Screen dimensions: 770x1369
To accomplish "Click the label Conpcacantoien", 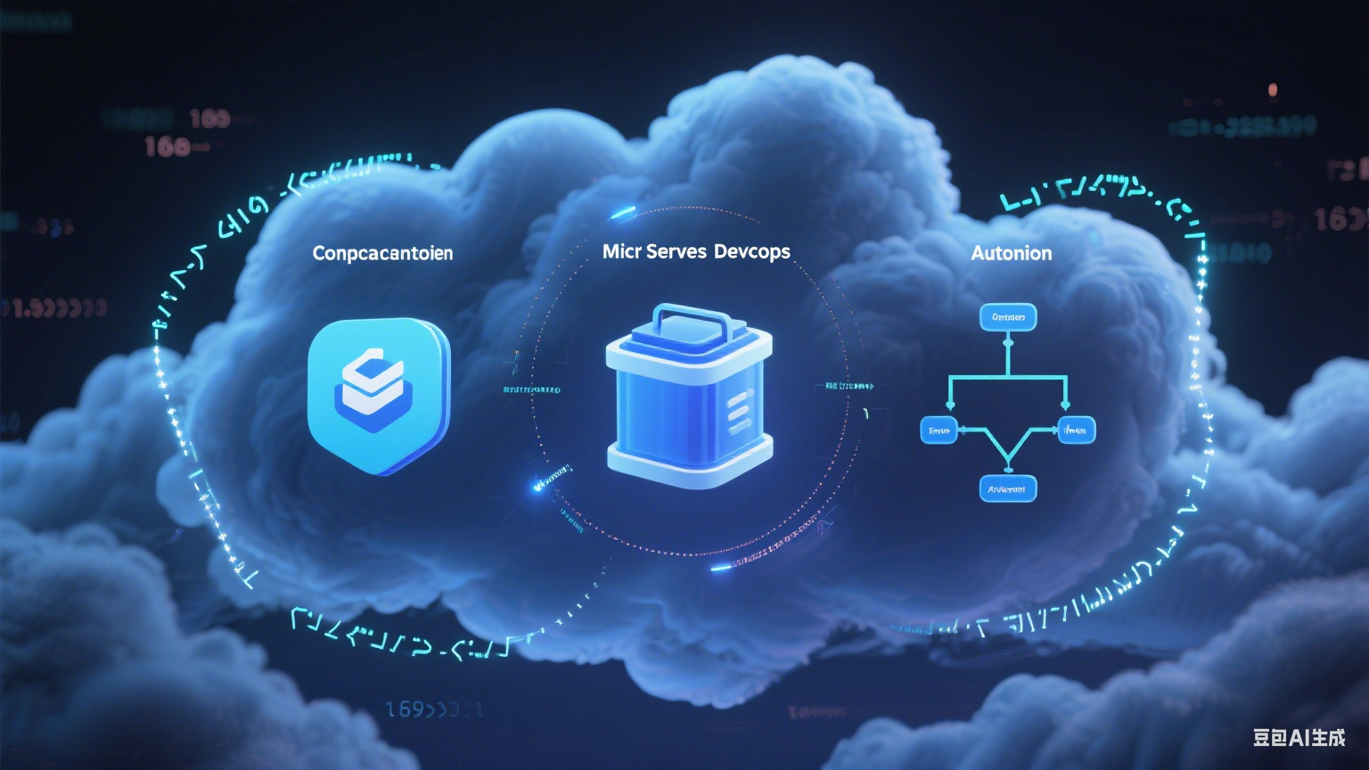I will click(x=382, y=253).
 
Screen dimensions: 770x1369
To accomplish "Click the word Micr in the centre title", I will click(x=621, y=251).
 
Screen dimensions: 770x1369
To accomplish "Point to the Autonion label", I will click(x=1011, y=253).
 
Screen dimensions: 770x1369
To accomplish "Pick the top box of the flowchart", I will click(x=1008, y=317).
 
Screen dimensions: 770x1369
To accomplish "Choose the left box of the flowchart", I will click(x=939, y=430).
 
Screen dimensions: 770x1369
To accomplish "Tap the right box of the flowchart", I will click(x=1076, y=430).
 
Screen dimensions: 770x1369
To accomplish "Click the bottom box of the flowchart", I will click(x=1007, y=488).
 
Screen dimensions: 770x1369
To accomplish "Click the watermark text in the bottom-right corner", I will click(x=1298, y=737).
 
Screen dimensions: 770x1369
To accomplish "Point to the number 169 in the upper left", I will click(x=210, y=119).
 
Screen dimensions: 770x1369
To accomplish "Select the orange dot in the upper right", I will click(x=1273, y=89).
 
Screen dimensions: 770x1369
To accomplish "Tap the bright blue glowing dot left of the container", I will click(x=538, y=486).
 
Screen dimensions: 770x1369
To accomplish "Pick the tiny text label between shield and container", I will click(x=532, y=390).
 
